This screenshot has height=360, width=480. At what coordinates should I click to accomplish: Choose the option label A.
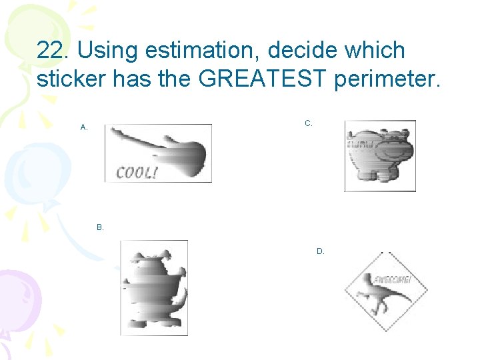84,127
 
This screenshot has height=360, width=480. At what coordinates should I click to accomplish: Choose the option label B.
100,227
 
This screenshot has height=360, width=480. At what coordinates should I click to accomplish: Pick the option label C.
309,123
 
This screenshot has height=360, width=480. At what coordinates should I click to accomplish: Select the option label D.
321,251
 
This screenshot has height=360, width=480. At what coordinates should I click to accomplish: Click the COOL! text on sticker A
137,173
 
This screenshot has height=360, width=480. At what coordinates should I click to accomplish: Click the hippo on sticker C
379,155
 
